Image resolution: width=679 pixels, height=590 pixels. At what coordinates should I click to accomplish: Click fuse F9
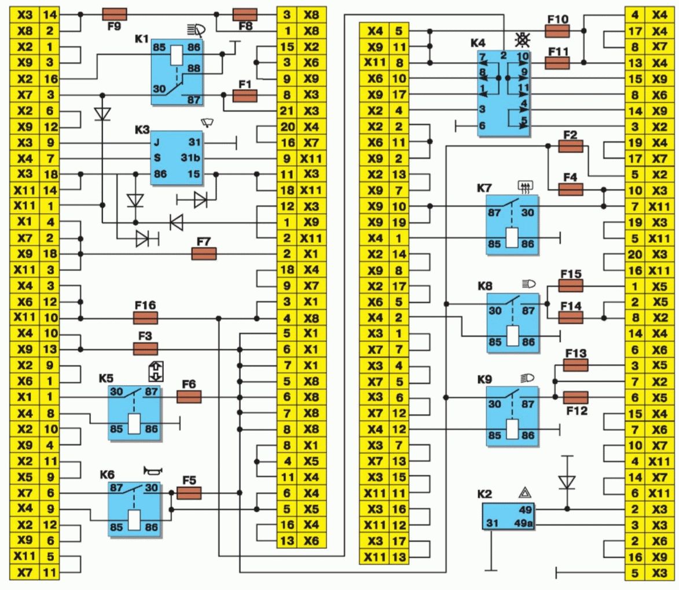[x=114, y=14]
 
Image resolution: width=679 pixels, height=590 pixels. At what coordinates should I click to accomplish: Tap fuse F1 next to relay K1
[x=244, y=96]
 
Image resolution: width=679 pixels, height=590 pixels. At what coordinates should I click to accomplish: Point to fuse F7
[x=204, y=253]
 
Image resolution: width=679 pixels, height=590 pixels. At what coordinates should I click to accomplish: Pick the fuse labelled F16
[x=145, y=318]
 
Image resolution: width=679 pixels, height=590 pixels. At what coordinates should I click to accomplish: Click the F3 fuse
[x=145, y=349]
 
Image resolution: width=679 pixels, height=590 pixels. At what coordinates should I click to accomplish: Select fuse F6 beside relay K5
[x=189, y=397]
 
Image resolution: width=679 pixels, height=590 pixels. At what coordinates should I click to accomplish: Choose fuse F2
[x=570, y=147]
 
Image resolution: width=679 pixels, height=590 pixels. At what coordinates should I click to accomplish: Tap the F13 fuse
[x=575, y=365]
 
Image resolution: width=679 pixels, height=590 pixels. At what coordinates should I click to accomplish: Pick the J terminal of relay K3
[x=156, y=142]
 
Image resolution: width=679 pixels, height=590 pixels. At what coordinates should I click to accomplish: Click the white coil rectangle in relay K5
[x=133, y=424]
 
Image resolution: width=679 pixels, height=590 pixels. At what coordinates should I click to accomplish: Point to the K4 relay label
[x=478, y=42]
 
